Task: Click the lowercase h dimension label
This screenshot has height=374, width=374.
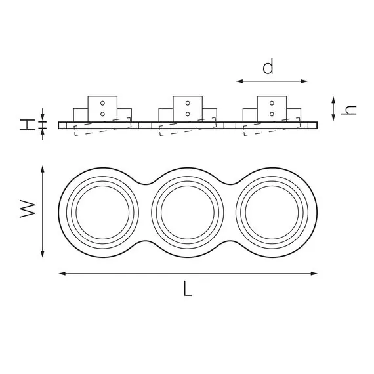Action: [348, 110]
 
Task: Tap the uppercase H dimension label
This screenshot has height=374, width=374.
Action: [28, 125]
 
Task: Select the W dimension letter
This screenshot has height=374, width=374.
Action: [28, 209]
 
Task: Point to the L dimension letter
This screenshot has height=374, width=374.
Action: [188, 288]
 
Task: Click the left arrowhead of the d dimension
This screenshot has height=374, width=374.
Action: [239, 81]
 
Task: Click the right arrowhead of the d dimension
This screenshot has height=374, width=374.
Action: [304, 81]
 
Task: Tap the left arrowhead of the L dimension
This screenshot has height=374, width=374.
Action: [62, 274]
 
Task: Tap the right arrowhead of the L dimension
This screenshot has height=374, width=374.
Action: [314, 274]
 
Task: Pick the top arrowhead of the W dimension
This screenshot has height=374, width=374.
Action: [43, 169]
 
